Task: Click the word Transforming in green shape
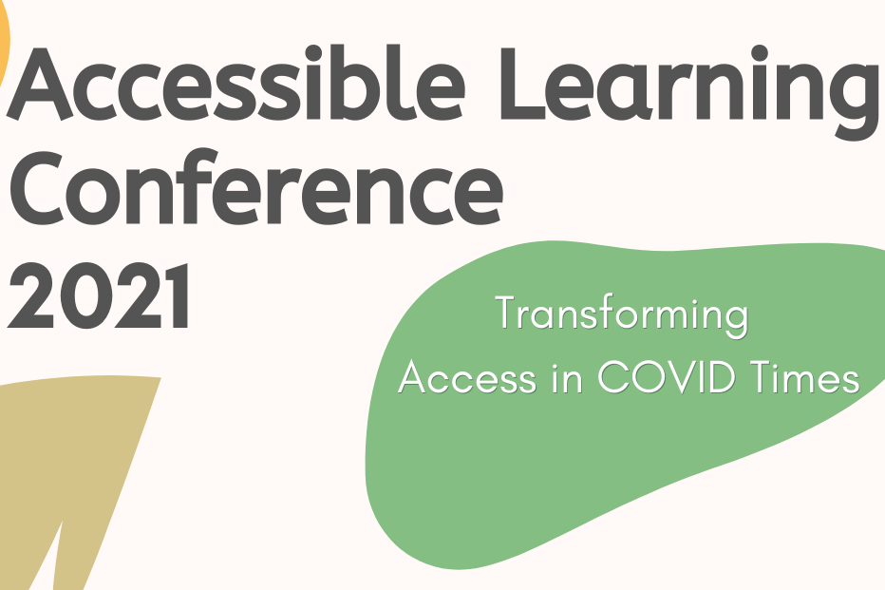click(622, 316)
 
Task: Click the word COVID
click(665, 378)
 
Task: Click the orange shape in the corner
click(4, 48)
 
